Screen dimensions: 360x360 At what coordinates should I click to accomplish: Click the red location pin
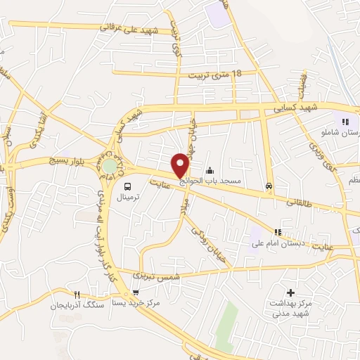click(181, 165)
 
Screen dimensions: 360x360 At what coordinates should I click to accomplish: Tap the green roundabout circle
click(110, 166)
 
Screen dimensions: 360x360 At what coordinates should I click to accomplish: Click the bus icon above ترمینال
click(127, 186)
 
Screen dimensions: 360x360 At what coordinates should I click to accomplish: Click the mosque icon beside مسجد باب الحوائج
click(210, 170)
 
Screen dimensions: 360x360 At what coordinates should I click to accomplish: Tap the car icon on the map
click(269, 186)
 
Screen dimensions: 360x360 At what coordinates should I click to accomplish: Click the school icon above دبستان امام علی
click(278, 232)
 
